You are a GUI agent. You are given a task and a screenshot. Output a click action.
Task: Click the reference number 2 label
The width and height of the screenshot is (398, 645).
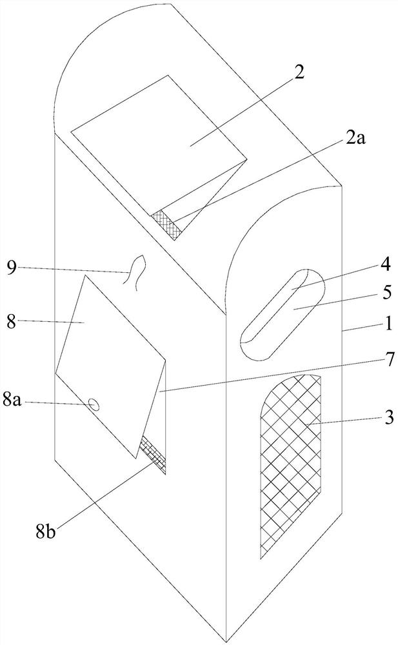(298, 72)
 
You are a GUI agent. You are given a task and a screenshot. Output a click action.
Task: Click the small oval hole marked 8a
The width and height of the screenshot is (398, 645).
(94, 405)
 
